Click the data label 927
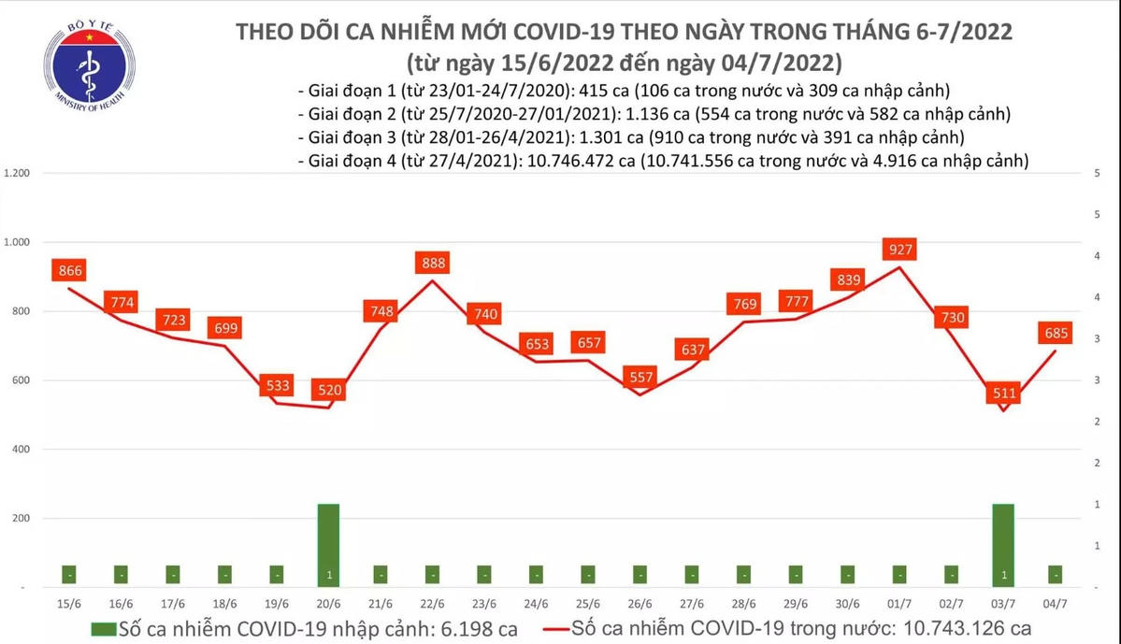point(901,250)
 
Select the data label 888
point(433,263)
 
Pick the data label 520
point(328,391)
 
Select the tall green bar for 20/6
point(328,545)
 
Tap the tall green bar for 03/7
point(1002,545)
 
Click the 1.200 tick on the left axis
point(19,174)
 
